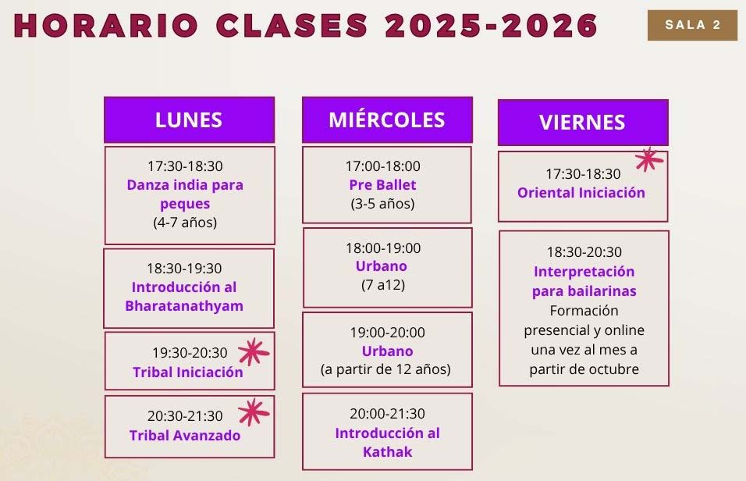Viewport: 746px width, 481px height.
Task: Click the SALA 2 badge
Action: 692,25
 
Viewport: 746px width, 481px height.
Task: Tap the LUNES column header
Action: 190,120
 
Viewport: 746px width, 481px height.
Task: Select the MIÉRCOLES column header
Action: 387,120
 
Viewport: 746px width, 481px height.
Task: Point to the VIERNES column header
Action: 583,123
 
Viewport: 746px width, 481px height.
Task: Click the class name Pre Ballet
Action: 382,185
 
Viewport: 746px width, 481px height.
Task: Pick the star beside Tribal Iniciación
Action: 254,352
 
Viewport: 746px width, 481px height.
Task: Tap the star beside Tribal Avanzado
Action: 254,412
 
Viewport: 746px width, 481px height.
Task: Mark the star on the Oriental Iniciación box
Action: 649,159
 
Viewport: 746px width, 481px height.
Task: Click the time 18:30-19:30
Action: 184,268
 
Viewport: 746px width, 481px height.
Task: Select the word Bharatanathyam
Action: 184,306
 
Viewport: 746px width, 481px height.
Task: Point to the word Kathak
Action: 387,451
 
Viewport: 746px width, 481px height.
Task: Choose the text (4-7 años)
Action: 185,223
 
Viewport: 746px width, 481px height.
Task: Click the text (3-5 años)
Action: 382,204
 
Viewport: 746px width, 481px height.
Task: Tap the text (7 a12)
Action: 383,285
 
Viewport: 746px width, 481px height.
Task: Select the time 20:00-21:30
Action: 387,413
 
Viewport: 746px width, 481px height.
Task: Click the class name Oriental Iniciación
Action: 581,192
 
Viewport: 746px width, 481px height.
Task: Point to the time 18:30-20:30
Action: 584,252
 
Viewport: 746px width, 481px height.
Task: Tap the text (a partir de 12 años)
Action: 385,369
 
